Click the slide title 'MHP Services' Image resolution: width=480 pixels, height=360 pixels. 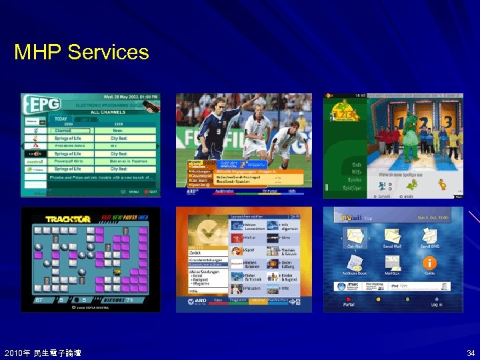pos(81,51)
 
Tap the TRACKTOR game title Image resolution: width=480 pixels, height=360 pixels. pos(68,219)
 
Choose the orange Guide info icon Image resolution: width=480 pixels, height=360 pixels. pos(430,263)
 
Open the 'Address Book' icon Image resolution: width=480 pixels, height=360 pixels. pos(354,263)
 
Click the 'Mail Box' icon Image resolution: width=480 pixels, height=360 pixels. pos(392,263)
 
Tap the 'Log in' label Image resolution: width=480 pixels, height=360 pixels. pos(436,305)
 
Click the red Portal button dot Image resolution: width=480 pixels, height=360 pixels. pos(349,299)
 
